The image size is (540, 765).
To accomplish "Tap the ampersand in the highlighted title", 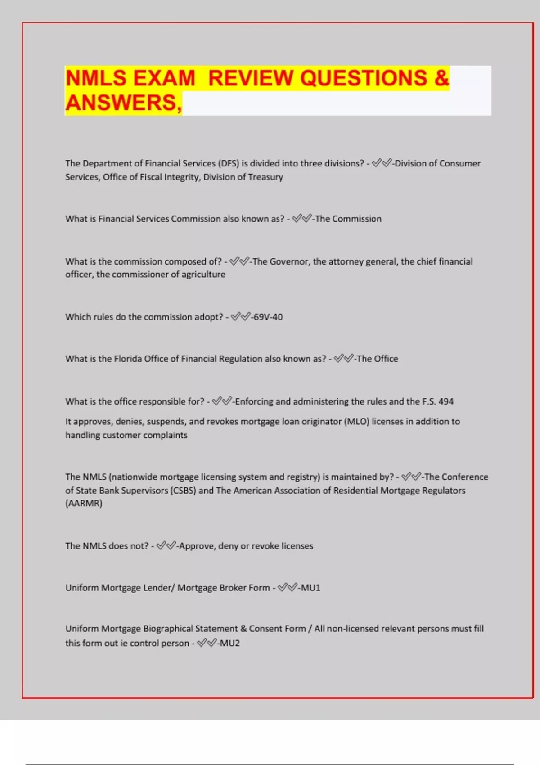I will [442, 78].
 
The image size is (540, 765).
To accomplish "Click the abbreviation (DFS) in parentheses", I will [228, 163].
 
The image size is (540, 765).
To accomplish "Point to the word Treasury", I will [265, 177].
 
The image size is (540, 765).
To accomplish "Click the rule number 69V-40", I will [268, 317].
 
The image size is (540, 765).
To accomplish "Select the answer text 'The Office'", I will [377, 359].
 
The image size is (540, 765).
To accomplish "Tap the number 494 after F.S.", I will [446, 401].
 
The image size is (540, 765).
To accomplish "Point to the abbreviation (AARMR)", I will [84, 503].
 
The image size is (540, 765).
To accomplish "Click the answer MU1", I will [310, 588].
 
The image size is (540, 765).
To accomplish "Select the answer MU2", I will [229, 643].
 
